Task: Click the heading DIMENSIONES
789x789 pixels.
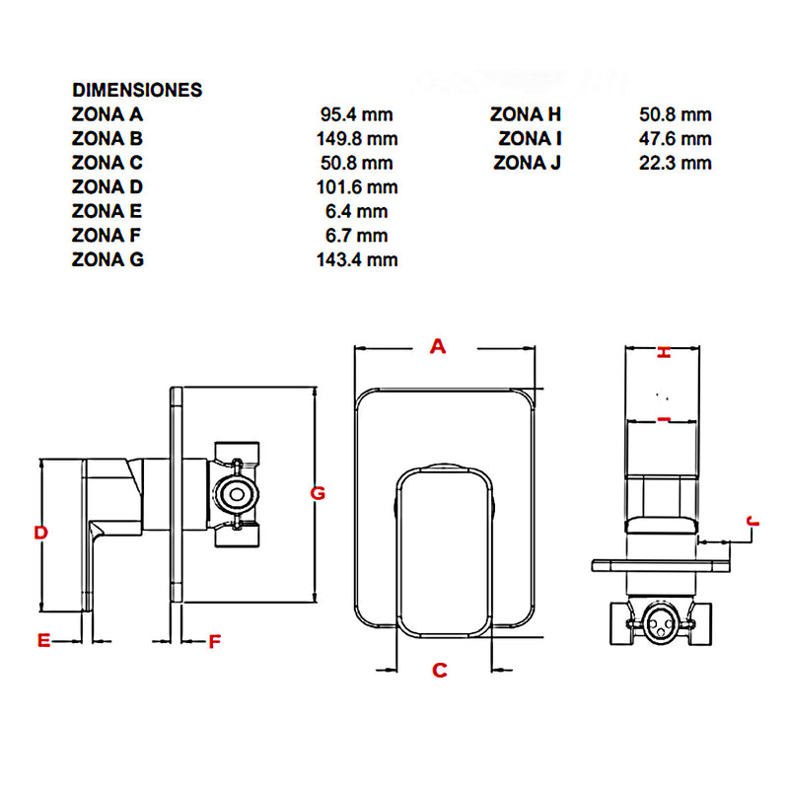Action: pos(137,90)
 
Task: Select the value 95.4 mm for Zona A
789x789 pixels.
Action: pos(357,114)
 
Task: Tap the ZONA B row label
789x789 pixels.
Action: pos(108,139)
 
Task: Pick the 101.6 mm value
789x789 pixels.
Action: pos(357,187)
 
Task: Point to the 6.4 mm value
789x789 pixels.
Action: pos(357,211)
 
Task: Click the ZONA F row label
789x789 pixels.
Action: pos(107,236)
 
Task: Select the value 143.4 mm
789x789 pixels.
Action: pos(357,259)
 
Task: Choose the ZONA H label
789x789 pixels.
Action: pos(526,114)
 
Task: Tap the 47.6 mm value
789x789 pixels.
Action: pos(676,139)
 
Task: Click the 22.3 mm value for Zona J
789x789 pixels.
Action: pos(676,163)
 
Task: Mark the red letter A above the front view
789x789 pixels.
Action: pos(438,346)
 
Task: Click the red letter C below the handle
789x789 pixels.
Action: pos(439,671)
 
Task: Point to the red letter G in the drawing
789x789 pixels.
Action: pos(318,493)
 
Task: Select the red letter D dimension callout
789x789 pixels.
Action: pos(40,533)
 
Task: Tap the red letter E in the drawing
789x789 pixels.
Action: pos(44,640)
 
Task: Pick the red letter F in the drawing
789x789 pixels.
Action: pos(214,642)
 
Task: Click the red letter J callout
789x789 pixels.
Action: pos(753,522)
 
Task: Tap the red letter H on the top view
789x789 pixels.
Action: pos(664,353)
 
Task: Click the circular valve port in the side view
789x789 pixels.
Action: pos(237,494)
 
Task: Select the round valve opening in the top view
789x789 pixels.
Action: pos(661,622)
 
